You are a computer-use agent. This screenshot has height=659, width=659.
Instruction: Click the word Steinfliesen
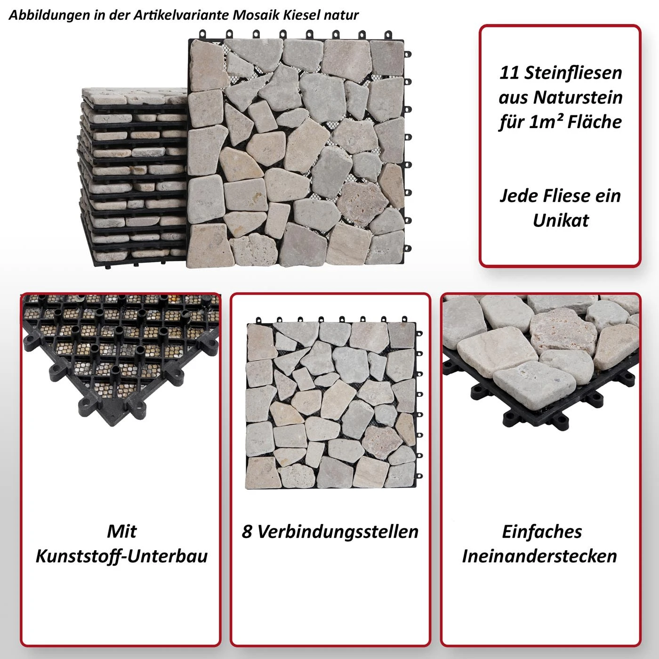click(573, 73)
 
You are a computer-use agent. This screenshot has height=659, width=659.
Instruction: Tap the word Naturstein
click(578, 97)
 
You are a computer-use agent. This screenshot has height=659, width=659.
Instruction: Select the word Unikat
click(561, 221)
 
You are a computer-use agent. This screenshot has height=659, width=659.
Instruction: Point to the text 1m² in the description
click(545, 121)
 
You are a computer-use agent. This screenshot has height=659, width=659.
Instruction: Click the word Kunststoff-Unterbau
click(122, 556)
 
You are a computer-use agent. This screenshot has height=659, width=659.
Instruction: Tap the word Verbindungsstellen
click(338, 532)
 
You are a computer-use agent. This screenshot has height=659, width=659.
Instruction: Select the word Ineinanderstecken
click(539, 556)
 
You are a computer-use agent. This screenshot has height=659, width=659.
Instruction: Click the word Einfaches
click(542, 532)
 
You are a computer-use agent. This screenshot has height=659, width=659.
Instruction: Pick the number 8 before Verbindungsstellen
click(247, 532)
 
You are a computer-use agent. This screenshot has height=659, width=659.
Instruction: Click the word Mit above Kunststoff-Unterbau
click(121, 532)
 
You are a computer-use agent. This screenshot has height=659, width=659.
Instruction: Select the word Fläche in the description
click(595, 121)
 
